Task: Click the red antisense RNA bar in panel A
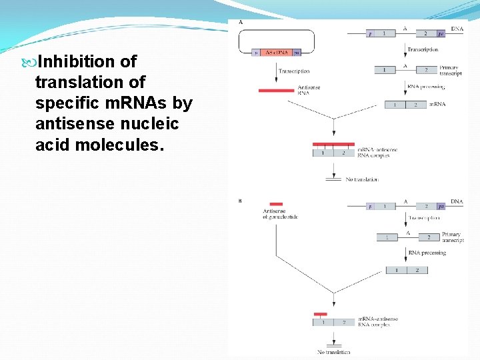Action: click(277, 90)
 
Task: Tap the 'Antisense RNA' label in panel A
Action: click(305, 91)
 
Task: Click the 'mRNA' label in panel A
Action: click(437, 105)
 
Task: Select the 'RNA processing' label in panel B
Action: click(427, 253)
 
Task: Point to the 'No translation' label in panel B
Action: click(333, 351)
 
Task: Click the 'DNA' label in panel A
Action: click(457, 29)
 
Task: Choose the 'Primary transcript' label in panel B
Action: click(451, 238)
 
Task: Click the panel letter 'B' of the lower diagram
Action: click(240, 200)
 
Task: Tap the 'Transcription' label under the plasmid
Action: click(294, 71)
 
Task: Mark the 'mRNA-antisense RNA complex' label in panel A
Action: click(377, 153)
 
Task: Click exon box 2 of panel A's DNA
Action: click(425, 33)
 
